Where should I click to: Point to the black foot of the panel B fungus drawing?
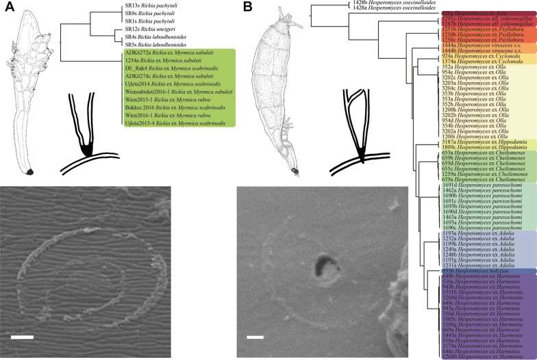pyautogui.click(x=294, y=170)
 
